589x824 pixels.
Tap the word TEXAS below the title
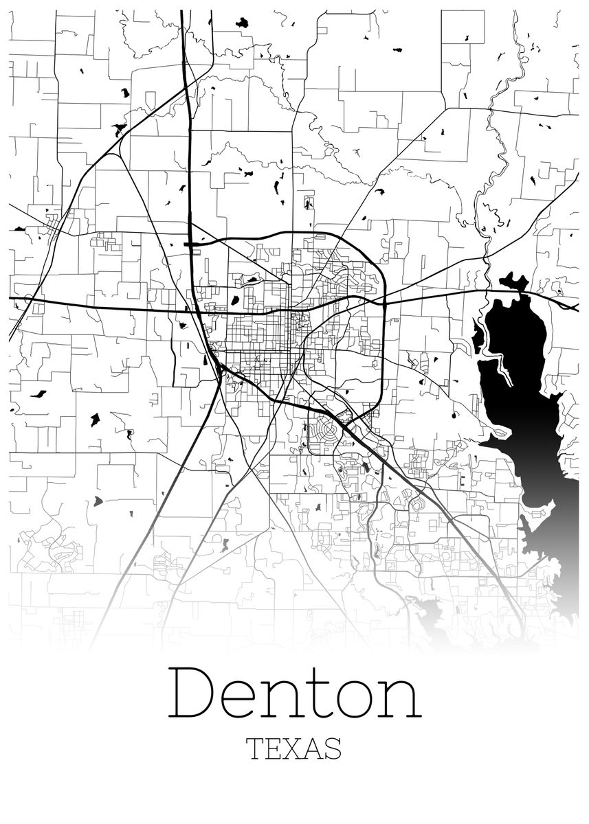294,748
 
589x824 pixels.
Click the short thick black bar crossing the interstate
192,243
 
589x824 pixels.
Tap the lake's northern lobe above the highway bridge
514,282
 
